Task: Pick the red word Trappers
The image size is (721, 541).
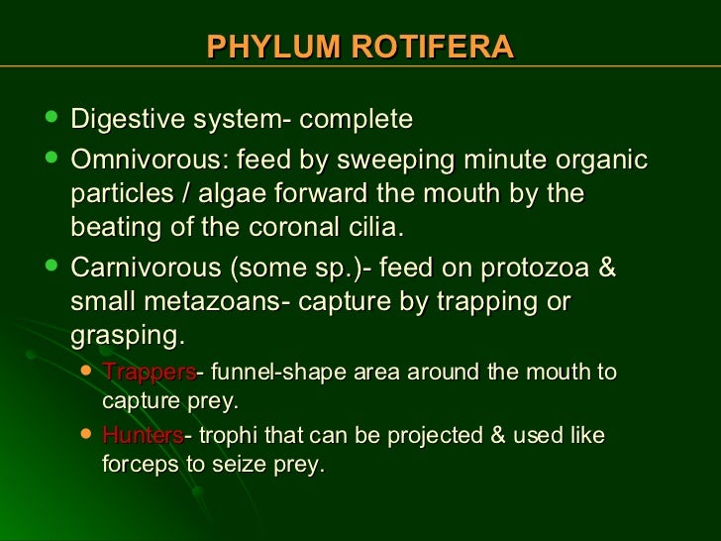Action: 149,373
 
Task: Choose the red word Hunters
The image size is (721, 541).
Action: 142,436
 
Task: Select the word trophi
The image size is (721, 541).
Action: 229,436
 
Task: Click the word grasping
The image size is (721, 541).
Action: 126,336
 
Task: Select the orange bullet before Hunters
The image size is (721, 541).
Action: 86,434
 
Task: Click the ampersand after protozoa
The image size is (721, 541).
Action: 608,269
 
